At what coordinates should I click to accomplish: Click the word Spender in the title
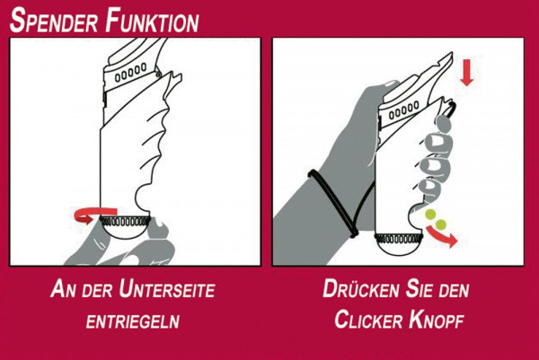tap(54, 20)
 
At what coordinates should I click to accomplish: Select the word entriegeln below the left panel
tap(135, 320)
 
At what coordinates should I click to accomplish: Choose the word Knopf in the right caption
tap(437, 320)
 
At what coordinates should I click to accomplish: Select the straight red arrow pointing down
tap(465, 75)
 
